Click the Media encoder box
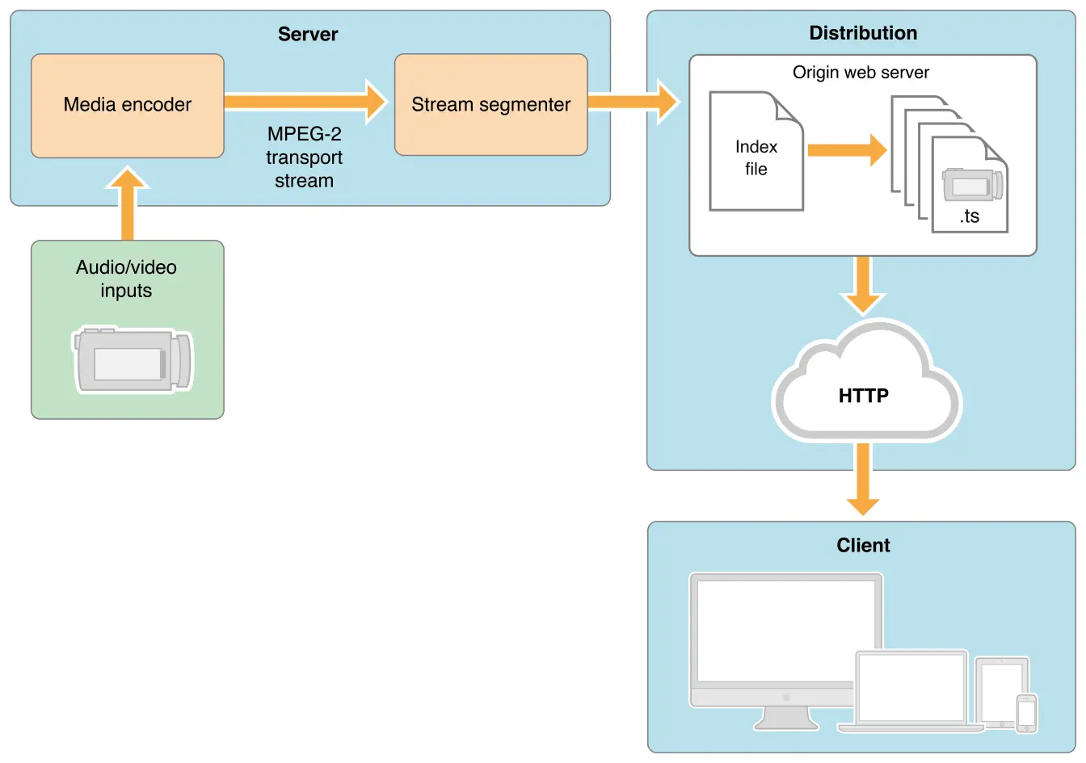coord(127,105)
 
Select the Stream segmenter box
coord(490,105)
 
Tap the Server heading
coord(308,34)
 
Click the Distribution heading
coord(863,33)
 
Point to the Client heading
coord(863,545)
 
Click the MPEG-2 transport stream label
coord(304,157)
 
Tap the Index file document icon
coord(756,153)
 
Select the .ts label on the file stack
coord(970,216)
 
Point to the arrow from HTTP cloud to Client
coord(863,480)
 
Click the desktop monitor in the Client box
coord(785,638)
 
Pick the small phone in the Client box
coord(1026,713)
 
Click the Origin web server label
coord(861,73)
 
